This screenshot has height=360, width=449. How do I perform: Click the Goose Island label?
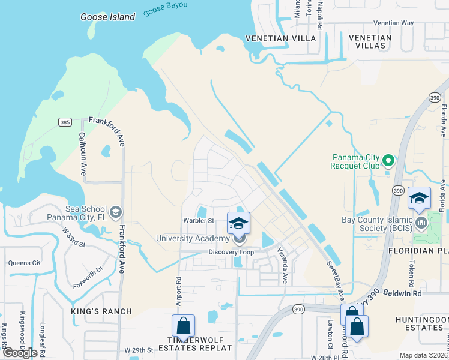point(108,17)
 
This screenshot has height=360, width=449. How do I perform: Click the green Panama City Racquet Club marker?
point(388,160)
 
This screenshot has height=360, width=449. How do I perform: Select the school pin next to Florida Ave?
point(419,198)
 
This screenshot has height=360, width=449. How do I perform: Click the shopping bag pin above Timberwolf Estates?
point(184,326)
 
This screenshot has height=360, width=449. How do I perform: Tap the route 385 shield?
point(65,122)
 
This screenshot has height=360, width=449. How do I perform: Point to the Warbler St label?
point(199,221)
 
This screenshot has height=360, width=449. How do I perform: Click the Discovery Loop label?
point(231,252)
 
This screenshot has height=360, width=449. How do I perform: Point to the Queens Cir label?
point(24,263)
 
